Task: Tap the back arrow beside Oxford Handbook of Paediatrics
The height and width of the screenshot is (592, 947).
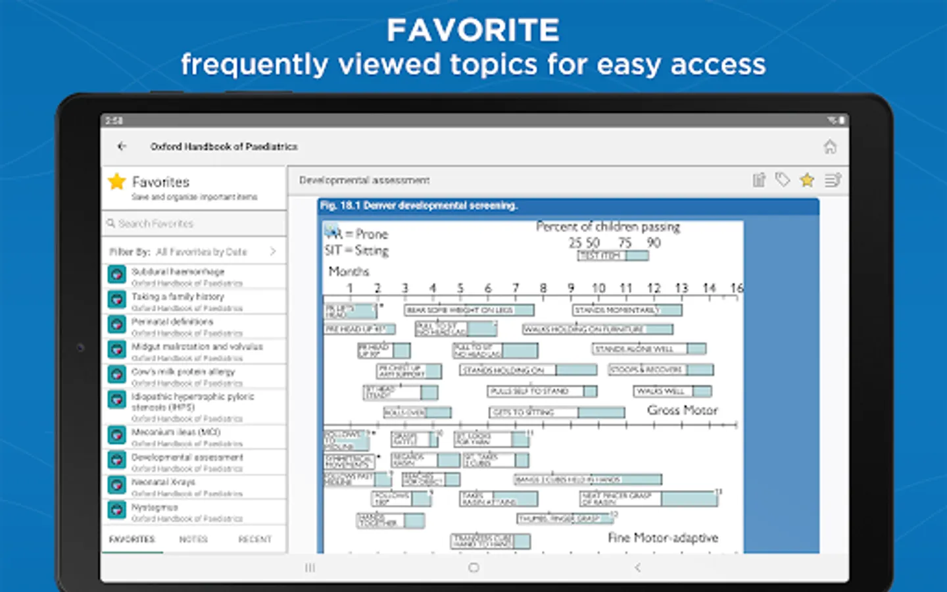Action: pos(122,146)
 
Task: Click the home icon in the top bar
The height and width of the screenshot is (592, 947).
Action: pos(830,147)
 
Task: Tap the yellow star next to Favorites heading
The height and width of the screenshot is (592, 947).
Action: pos(117,182)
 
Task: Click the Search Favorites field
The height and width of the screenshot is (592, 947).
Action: pos(194,224)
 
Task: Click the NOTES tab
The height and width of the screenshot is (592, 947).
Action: pos(193,539)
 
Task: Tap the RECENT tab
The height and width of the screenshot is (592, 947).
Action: pos(255,539)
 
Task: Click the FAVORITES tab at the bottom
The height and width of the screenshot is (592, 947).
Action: pos(132,539)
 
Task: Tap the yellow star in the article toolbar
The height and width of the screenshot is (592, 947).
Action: pos(807,180)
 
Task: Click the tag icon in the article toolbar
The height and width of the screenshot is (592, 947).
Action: pos(783,180)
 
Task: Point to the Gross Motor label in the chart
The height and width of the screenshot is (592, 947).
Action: pos(682,410)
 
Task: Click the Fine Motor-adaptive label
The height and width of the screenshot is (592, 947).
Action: pos(663,538)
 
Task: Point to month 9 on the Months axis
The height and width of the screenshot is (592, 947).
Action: pos(571,288)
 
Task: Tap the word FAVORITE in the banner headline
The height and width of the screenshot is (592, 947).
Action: pos(473,30)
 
